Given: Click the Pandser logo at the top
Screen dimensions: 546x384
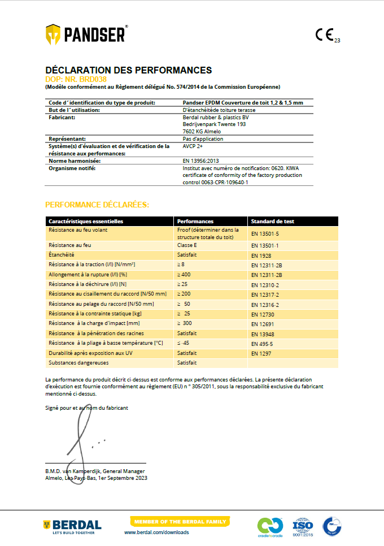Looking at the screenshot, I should (x=86, y=34).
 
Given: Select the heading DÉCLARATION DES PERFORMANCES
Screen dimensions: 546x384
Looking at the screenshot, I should (x=128, y=70).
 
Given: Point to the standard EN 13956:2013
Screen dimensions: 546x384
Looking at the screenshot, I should (x=204, y=161).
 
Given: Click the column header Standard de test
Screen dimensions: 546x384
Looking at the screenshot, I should (x=272, y=221).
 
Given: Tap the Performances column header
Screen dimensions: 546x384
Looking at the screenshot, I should (x=195, y=221).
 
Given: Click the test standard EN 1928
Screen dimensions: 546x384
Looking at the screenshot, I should (x=261, y=255).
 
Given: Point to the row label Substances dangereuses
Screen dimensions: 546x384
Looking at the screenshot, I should (x=78, y=362).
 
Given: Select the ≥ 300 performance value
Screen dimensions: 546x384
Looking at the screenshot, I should (x=185, y=323).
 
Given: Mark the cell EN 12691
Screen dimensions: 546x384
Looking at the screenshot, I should (x=263, y=324).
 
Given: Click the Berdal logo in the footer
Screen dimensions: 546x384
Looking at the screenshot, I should (x=73, y=526).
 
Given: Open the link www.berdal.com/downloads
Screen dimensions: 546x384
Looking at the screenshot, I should (x=156, y=532).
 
